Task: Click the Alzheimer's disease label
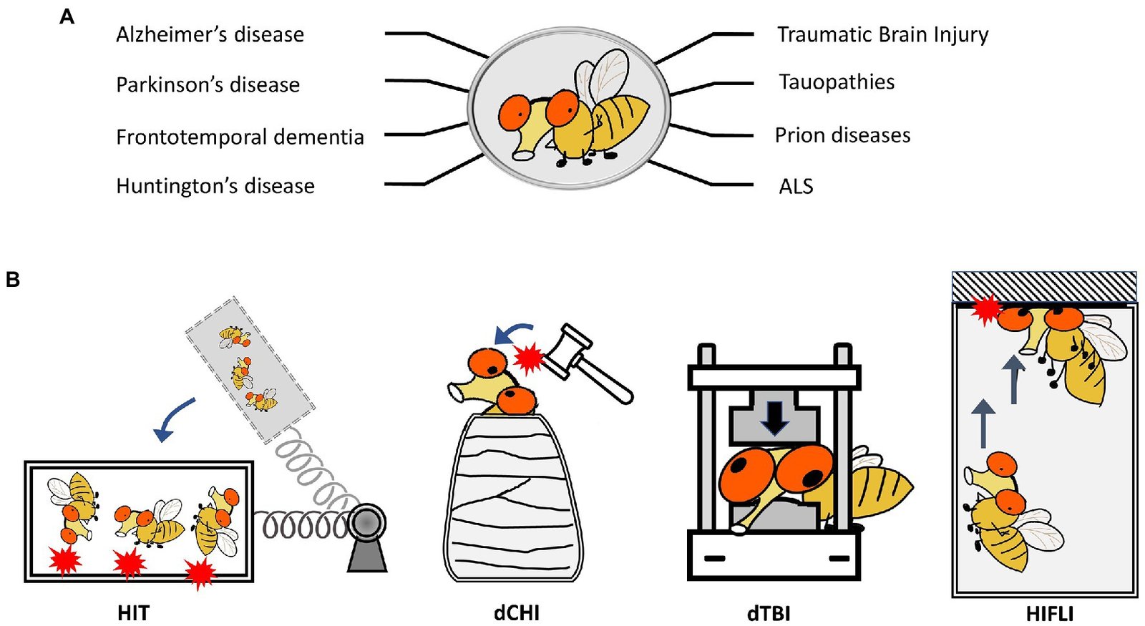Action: click(x=210, y=35)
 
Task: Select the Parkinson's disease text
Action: click(x=208, y=85)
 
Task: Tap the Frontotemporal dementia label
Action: click(x=240, y=137)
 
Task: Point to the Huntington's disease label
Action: click(x=215, y=186)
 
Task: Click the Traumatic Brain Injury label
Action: click(x=882, y=35)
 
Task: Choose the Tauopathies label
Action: click(x=837, y=82)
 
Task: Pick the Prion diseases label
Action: click(x=842, y=135)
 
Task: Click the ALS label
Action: click(x=796, y=187)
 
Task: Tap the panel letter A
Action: click(x=67, y=16)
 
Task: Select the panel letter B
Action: click(x=13, y=279)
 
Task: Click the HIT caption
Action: click(x=134, y=613)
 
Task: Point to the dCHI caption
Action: click(x=516, y=613)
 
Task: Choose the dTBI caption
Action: click(x=769, y=613)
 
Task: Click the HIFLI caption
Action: click(x=1049, y=613)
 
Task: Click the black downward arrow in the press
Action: click(x=774, y=417)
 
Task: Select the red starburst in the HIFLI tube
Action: click(x=988, y=309)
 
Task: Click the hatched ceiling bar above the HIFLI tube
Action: click(x=1043, y=287)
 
